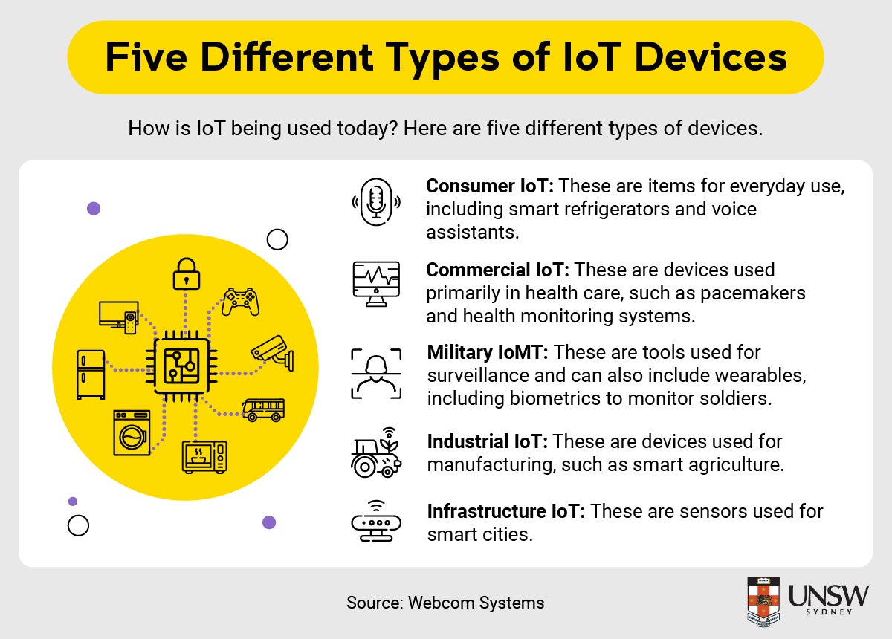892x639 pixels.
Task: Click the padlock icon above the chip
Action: coord(187,273)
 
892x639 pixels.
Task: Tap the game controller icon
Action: coord(240,301)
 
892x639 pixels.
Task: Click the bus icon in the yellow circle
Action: coord(262,409)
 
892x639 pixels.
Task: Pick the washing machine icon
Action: coord(132,432)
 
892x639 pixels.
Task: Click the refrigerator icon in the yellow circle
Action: coord(90,374)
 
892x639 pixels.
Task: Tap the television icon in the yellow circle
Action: coord(118,316)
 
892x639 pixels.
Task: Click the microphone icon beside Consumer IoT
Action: coord(375,201)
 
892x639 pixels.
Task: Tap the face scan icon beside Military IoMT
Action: coord(375,372)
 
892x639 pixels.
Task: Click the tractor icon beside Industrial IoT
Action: coord(375,453)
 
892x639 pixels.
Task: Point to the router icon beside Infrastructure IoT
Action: coord(375,521)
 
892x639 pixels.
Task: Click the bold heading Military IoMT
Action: coord(488,351)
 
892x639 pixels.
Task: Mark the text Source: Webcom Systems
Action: coord(445,603)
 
